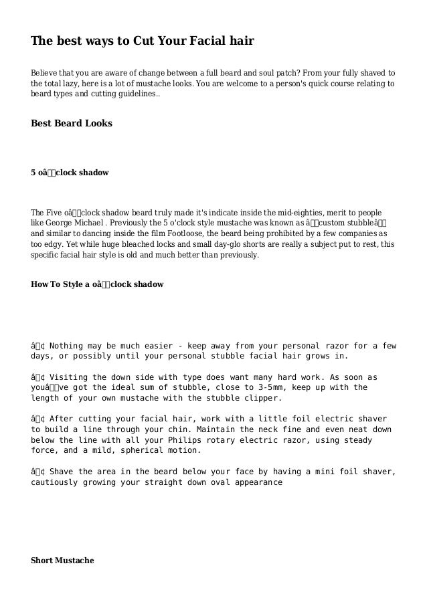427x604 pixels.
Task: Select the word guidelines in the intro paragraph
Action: [x=137, y=95]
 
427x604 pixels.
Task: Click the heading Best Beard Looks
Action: [x=72, y=124]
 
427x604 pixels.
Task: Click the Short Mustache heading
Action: [x=62, y=561]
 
